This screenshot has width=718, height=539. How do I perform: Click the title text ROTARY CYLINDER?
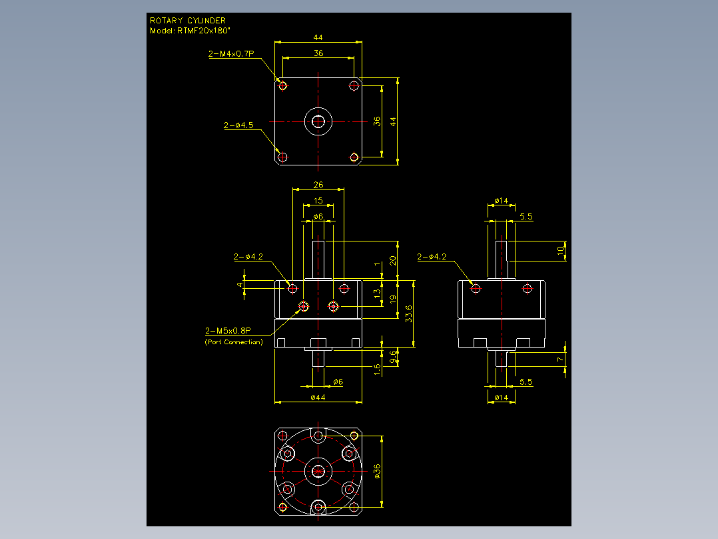[188, 21]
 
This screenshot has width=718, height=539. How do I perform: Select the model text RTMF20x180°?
[204, 31]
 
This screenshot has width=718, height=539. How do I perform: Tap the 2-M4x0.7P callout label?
[231, 53]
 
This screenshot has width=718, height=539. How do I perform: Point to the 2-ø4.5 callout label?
[238, 125]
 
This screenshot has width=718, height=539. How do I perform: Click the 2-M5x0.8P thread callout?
[228, 331]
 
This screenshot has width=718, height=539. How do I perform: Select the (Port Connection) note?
[234, 342]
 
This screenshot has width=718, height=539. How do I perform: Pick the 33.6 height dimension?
[409, 314]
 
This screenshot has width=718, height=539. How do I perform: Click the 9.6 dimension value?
[393, 357]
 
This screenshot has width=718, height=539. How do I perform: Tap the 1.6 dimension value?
[377, 370]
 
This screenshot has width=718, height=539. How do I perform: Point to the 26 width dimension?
[318, 185]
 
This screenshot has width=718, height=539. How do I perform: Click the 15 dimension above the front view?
[318, 201]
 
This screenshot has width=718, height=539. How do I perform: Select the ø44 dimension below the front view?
[318, 398]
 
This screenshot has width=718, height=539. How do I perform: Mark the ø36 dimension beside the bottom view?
[377, 471]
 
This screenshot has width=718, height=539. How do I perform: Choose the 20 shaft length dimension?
[393, 261]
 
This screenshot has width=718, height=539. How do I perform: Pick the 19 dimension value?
[393, 300]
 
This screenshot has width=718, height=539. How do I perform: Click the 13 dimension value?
[377, 293]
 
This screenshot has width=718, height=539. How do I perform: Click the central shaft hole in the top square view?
[318, 121]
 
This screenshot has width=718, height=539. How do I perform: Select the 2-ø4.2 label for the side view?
[432, 257]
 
